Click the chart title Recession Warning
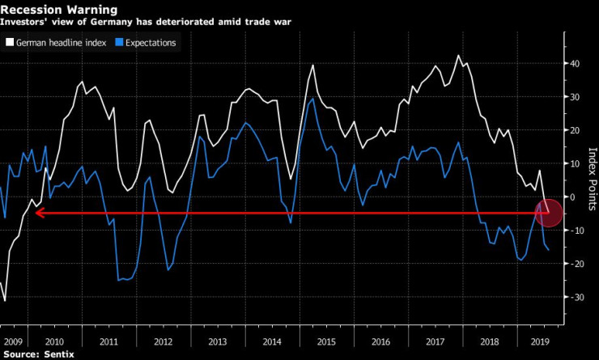59,10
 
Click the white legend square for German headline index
10,42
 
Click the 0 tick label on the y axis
572,197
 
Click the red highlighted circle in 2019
549,214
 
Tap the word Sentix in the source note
54,353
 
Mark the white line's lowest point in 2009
5,301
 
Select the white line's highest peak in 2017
459,55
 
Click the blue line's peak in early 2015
312,99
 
